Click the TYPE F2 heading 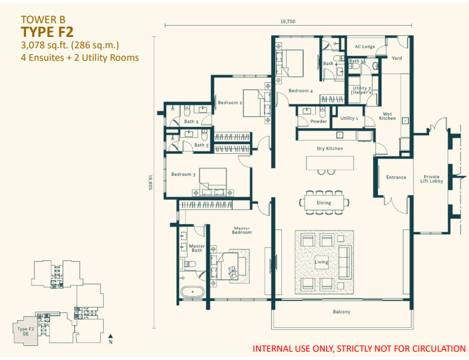pos(47,32)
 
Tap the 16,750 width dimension pos(288,21)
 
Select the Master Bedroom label pos(241,231)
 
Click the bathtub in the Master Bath pos(192,292)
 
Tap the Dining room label pos(324,203)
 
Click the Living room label pos(321,262)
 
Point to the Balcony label pos(341,312)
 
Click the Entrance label pos(396,177)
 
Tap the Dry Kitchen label pos(330,148)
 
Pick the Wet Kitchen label pos(387,116)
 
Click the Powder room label pos(318,121)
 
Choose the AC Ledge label pos(364,46)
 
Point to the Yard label pos(397,58)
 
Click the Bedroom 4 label pos(300,91)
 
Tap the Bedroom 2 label pos(229,103)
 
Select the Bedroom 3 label pos(183,174)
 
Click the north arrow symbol pos(111,337)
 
